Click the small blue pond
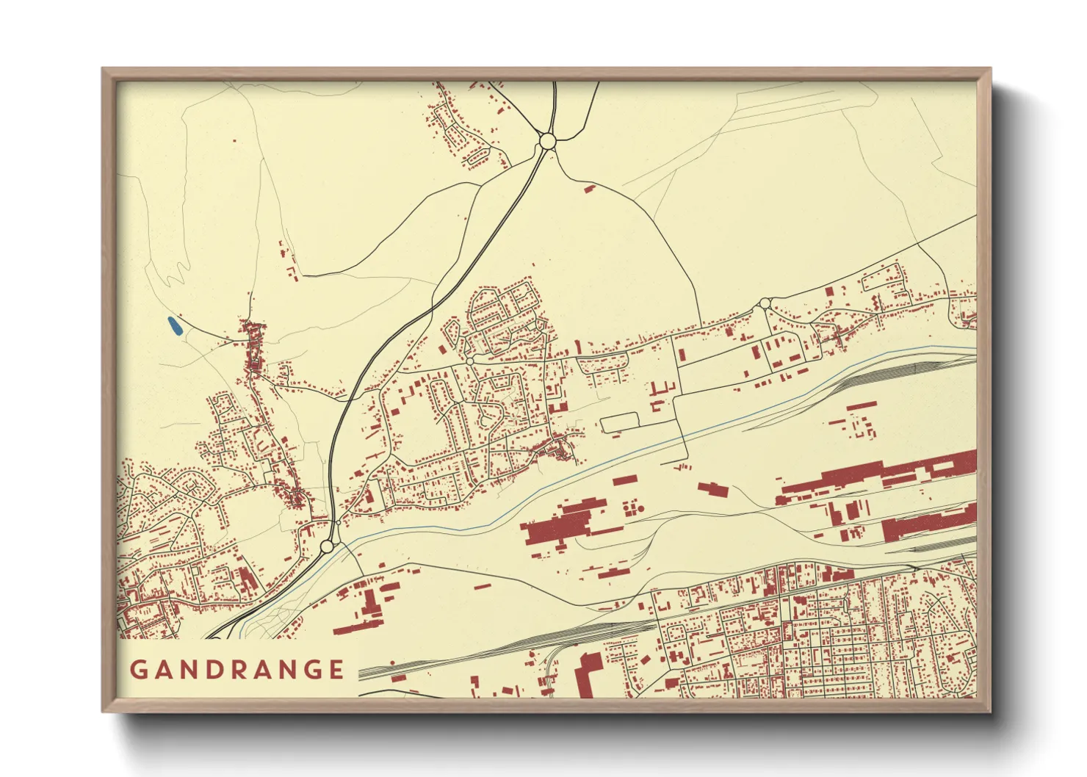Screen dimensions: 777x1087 tap(174, 326)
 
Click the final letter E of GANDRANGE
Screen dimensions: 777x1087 tap(336, 670)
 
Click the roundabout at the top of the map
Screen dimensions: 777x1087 tap(547, 140)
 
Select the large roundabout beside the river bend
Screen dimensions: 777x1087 tap(328, 546)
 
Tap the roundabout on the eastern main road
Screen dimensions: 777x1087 tap(765, 303)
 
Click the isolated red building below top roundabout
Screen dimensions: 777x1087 tap(588, 189)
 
